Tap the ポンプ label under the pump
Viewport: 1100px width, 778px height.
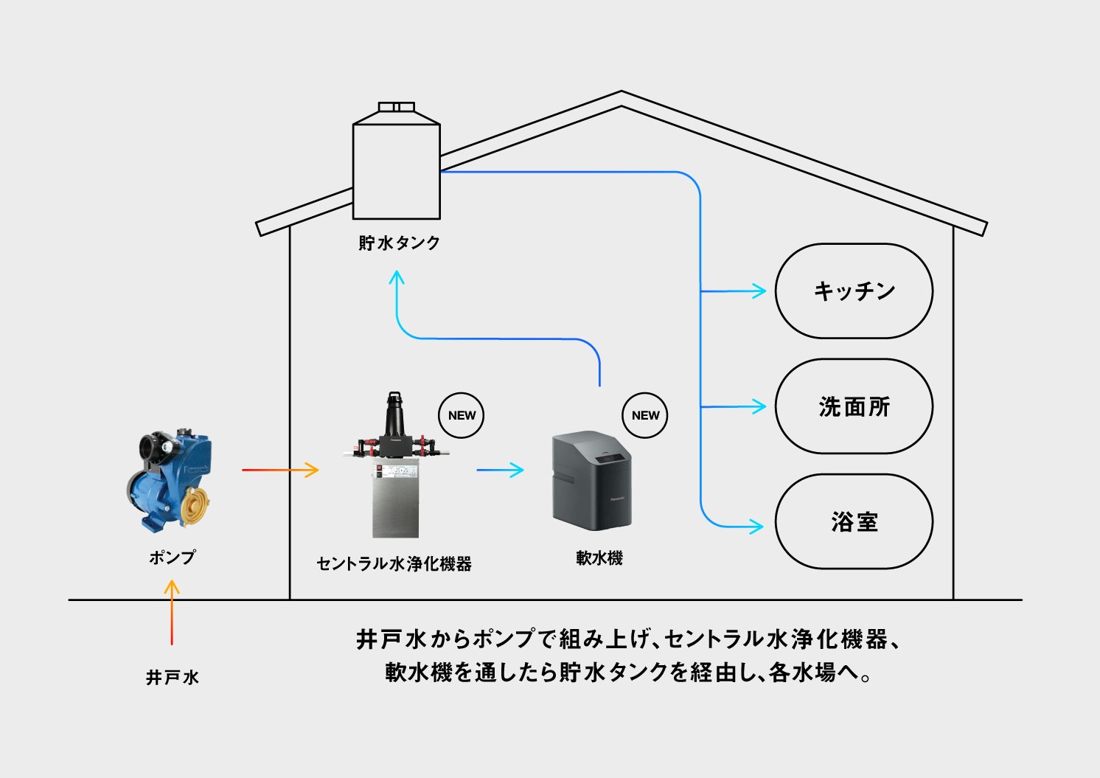[172, 558]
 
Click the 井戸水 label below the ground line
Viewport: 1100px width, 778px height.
[172, 677]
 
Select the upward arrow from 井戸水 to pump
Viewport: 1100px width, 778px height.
[172, 612]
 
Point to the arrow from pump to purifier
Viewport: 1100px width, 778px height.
[280, 470]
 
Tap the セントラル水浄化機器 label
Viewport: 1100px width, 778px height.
[394, 564]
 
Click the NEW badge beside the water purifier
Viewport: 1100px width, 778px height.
[462, 415]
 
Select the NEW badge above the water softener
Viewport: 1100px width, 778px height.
[645, 415]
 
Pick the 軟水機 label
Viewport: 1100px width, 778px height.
[599, 558]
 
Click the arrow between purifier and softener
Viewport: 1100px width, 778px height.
[500, 470]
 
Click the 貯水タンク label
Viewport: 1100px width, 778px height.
[399, 243]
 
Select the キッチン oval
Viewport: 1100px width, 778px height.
[854, 291]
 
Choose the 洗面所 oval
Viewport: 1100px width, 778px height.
[854, 406]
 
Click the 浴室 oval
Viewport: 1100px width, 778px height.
[854, 521]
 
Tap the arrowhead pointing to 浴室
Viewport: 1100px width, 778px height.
[758, 527]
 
